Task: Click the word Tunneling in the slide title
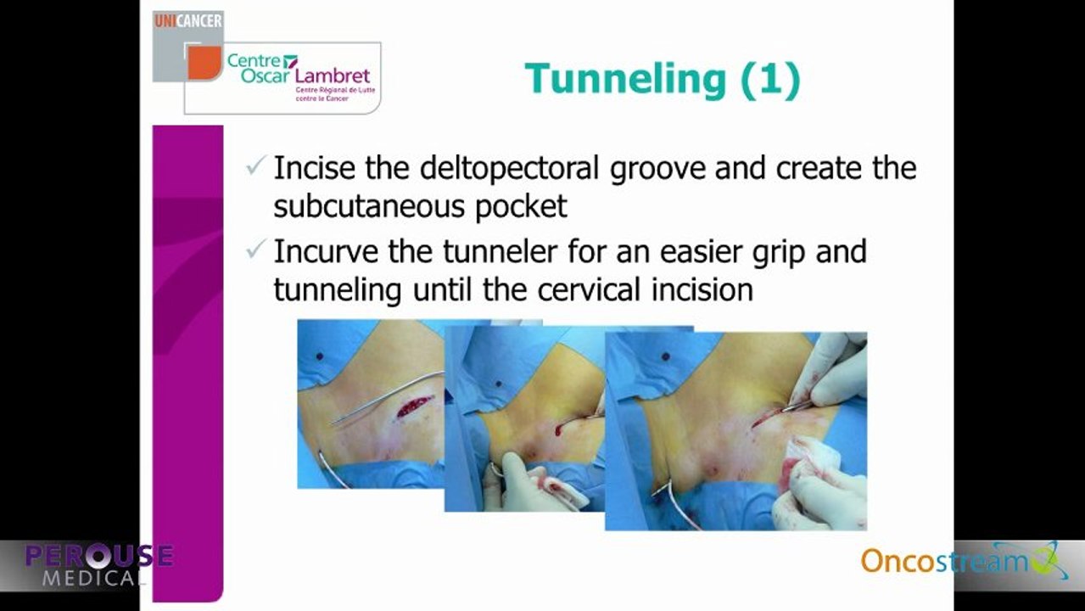click(626, 80)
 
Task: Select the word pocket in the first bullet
click(520, 207)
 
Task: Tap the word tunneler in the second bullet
click(500, 251)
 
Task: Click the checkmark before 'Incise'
click(255, 165)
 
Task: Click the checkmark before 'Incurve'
click(255, 249)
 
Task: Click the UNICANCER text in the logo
click(188, 21)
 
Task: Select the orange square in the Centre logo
click(204, 63)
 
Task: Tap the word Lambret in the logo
click(333, 76)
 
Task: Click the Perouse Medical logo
click(98, 564)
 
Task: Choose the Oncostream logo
click(964, 560)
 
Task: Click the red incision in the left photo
click(414, 406)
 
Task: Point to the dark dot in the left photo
click(320, 356)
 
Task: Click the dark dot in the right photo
click(666, 356)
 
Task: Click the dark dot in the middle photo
click(499, 384)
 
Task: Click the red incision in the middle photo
click(562, 428)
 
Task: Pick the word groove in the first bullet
click(657, 171)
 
